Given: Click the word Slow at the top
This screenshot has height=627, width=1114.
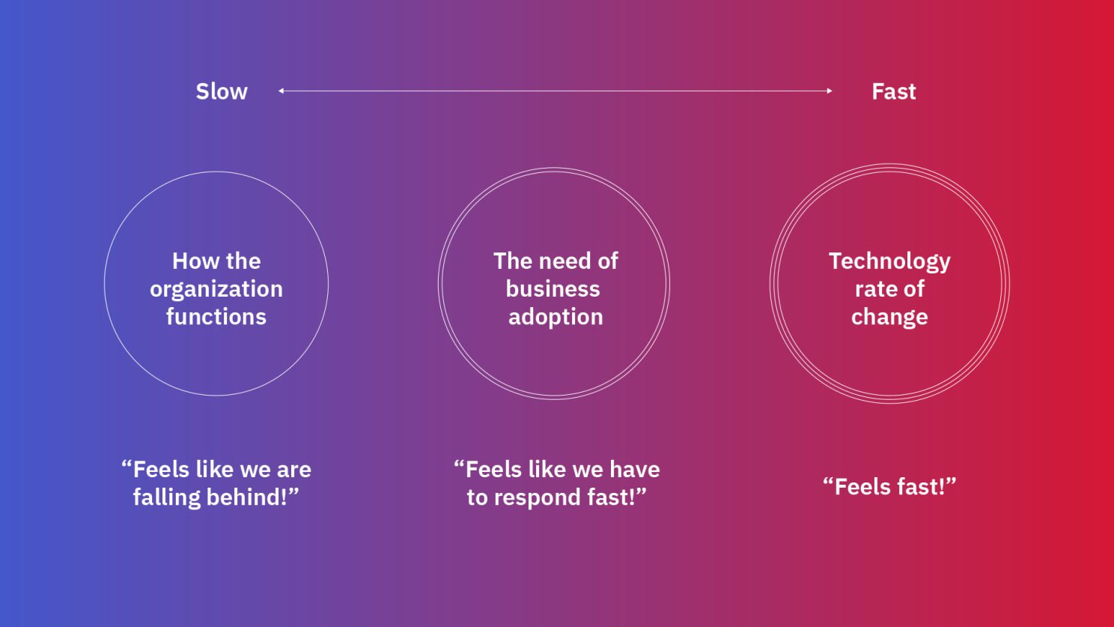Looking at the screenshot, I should pyautogui.click(x=222, y=91).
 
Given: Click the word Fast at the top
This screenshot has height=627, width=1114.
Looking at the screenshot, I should pyautogui.click(x=893, y=91).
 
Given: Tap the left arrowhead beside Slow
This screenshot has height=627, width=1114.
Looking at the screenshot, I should pyautogui.click(x=281, y=91).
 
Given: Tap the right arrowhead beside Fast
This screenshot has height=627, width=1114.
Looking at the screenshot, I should pyautogui.click(x=830, y=91).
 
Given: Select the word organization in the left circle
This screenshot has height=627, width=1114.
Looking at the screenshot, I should pyautogui.click(x=216, y=289).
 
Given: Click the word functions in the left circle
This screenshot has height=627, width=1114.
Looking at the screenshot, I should pyautogui.click(x=216, y=317).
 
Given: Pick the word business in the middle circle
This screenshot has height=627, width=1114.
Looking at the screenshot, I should pyautogui.click(x=553, y=289).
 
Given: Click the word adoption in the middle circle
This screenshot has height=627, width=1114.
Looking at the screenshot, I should pyautogui.click(x=556, y=317).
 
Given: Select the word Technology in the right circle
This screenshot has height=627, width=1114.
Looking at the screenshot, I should pyautogui.click(x=889, y=261).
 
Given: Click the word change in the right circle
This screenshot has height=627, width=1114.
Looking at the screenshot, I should pyautogui.click(x=889, y=318).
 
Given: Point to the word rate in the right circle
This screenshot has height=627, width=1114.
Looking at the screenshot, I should pyautogui.click(x=877, y=289).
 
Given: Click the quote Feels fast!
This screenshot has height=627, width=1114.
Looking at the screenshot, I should pyautogui.click(x=889, y=487).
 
